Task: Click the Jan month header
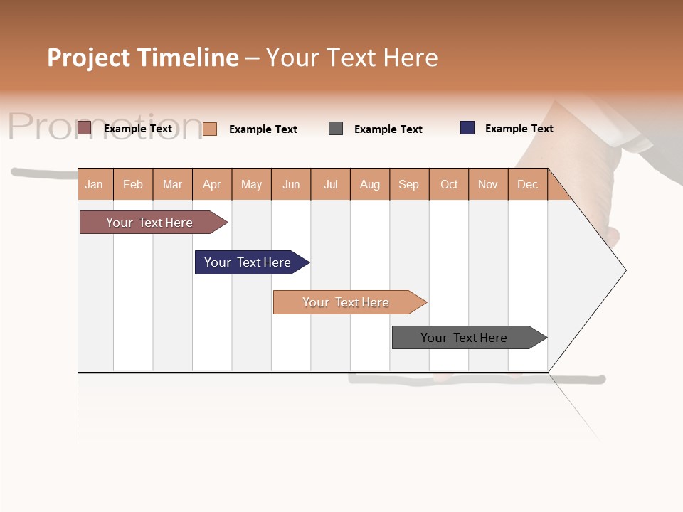(95, 184)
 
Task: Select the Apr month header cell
(211, 184)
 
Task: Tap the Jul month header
(330, 184)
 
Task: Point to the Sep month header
(408, 184)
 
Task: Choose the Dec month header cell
(527, 184)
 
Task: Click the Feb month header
(133, 184)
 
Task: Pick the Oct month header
(449, 184)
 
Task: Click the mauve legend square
(84, 128)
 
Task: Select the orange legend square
(210, 129)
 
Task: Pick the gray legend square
(336, 129)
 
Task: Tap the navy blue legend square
(467, 128)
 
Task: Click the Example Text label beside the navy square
(519, 129)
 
